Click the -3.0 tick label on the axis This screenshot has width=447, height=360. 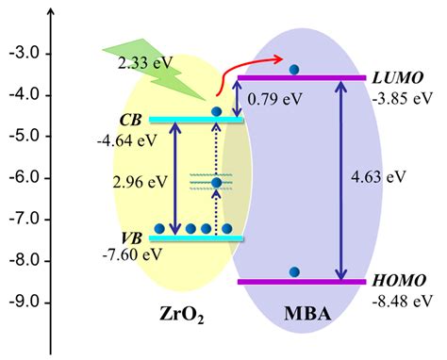(x=25, y=54)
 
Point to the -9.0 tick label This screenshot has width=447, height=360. (x=25, y=303)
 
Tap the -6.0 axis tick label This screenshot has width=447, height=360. (x=25, y=178)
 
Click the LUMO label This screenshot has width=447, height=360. (x=398, y=78)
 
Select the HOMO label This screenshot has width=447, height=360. (x=399, y=281)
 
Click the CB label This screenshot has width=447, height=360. (x=130, y=120)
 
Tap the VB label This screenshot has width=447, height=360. (x=132, y=238)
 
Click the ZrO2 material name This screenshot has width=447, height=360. (x=182, y=315)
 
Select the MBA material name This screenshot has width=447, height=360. (x=307, y=314)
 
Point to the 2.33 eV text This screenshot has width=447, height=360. (x=145, y=63)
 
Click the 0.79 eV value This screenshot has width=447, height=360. (x=274, y=99)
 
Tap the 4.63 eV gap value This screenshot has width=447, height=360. (x=378, y=177)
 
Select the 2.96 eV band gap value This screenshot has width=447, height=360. (x=141, y=182)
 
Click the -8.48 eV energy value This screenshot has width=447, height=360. (x=403, y=301)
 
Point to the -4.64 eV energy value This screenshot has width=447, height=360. (x=126, y=140)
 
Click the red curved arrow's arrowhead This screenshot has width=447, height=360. (x=279, y=59)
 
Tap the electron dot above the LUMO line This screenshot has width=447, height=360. (x=294, y=69)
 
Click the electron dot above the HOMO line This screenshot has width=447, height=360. (x=294, y=271)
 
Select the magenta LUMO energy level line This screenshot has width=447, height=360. (x=302, y=78)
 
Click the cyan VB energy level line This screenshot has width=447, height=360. (x=196, y=238)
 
